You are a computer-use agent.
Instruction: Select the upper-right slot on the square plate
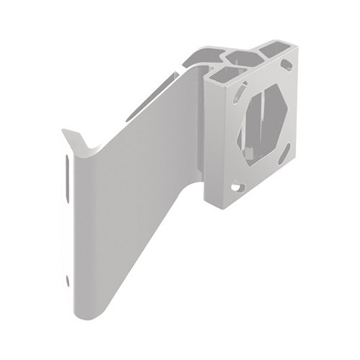coord(287,66)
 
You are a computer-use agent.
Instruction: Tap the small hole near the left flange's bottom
coord(68,280)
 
